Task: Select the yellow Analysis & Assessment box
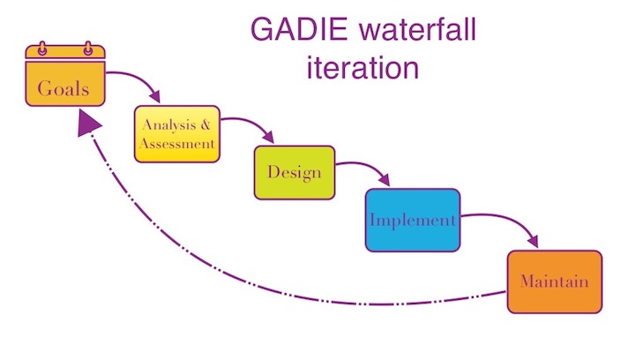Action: point(176,133)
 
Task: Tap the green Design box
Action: point(294,172)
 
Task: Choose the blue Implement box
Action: point(413,220)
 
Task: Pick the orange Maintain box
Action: point(554,282)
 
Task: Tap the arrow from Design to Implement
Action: point(366,169)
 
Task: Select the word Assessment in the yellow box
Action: point(177,142)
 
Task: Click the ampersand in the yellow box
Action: point(204,125)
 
